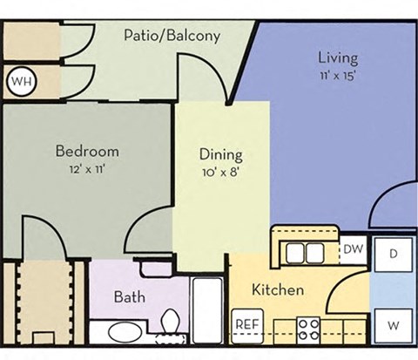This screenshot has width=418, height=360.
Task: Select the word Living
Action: pos(337,58)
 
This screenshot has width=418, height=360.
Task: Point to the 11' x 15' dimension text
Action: pos(337,75)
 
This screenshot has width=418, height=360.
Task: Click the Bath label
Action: pos(129,296)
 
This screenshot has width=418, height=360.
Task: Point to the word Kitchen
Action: pos(278,289)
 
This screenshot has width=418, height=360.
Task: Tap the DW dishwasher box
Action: pos(352,248)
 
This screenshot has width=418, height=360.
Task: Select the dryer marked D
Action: pos(394,255)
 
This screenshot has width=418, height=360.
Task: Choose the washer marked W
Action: pos(394,325)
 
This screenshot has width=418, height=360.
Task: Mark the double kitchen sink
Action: pos(304,253)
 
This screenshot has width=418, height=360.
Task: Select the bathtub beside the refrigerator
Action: pos(208,310)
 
